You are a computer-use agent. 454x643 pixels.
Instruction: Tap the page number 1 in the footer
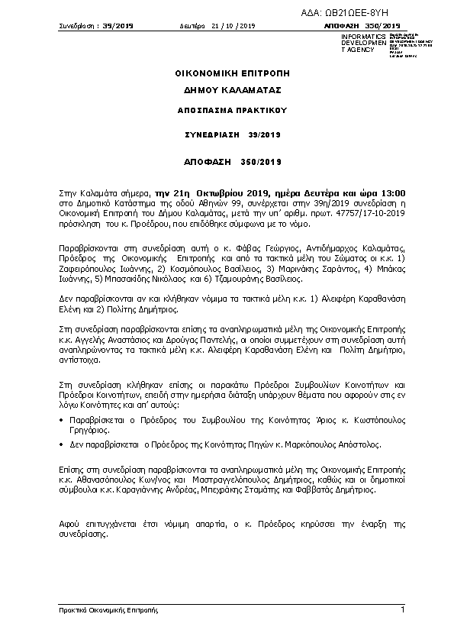[402, 609]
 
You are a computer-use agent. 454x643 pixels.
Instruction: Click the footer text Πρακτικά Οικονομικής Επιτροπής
[108, 610]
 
